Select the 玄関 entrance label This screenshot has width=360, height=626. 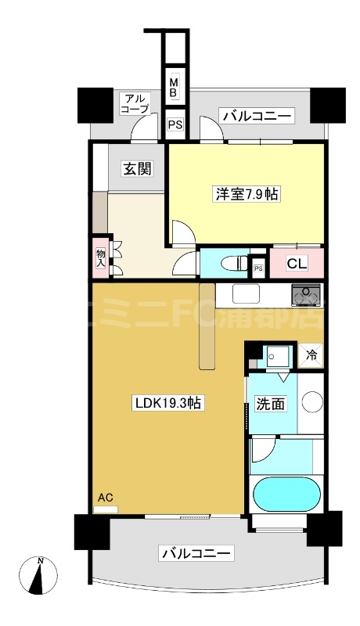pos(136,168)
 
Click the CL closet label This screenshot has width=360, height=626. pos(297,263)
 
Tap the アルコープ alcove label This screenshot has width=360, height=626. pos(134,104)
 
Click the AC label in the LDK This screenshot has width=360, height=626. pos(105,496)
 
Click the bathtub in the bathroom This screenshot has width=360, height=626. pos(287,494)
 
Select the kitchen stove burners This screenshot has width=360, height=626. pos(307,295)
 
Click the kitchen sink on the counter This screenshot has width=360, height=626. pos(245,294)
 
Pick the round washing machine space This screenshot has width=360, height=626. pos(312,402)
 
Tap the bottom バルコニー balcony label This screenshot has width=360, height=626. pos(196,554)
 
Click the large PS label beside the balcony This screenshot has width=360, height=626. pos(176,124)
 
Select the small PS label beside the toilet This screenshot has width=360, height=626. pos(259,269)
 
